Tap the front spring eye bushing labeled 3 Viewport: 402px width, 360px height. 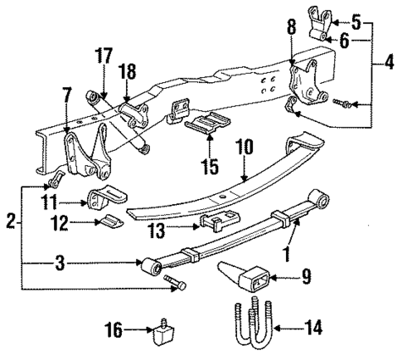(x=151, y=268)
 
